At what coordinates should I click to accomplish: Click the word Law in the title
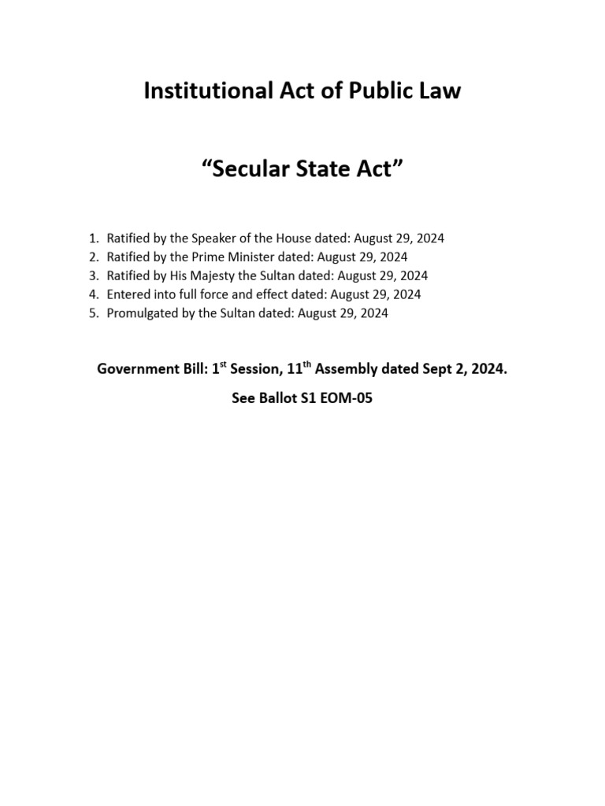[440, 92]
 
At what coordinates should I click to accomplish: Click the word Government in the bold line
[133, 369]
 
